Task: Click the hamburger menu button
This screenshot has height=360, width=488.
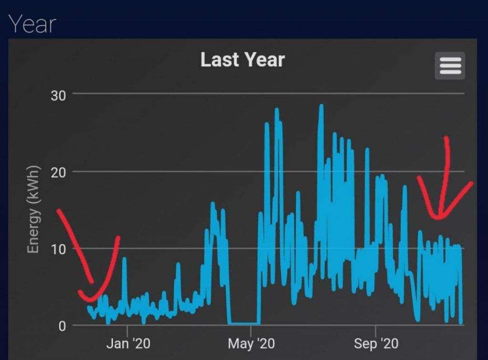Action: coord(450,66)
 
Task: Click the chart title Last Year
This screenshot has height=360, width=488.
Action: coord(243,60)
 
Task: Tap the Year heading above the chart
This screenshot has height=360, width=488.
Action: coord(32,23)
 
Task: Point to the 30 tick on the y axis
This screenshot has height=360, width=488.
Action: coord(59,95)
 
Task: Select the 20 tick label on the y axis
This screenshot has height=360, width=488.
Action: coord(59,172)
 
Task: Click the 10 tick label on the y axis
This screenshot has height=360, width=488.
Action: coord(59,249)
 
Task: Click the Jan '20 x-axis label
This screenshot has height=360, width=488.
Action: coord(127,344)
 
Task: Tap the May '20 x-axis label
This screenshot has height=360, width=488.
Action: coord(251,344)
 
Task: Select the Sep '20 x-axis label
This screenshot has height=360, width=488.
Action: coord(376,344)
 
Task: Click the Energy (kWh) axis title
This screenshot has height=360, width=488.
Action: coord(32,210)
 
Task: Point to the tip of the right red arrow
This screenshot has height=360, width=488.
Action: coord(437,218)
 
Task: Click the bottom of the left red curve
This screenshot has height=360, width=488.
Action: coord(91,300)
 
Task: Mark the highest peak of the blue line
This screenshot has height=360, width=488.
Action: coord(321,106)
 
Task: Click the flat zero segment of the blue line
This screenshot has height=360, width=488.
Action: coord(243,324)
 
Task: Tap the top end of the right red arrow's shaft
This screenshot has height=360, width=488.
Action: coord(447,138)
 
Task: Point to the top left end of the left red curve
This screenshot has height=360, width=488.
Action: coord(58,210)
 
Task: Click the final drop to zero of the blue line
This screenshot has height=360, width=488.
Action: coord(461,323)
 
